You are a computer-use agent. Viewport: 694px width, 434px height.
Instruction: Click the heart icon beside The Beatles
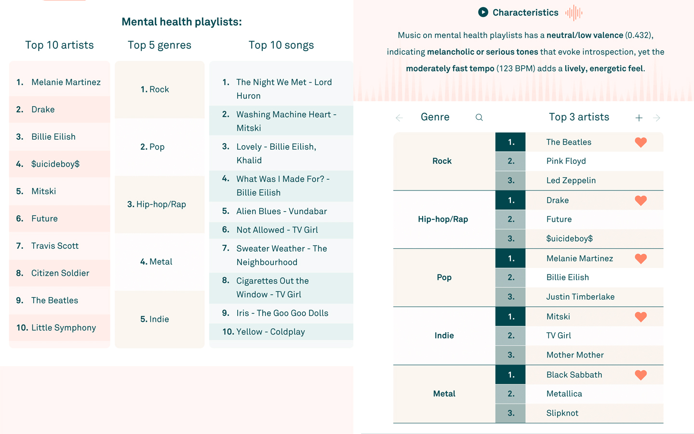641,142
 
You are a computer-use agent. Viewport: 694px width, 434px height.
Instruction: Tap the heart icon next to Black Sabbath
641,375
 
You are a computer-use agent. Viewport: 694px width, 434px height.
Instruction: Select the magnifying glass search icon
479,117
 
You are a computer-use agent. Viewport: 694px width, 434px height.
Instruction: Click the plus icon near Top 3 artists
639,118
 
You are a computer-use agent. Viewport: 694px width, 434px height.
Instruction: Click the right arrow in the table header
656,118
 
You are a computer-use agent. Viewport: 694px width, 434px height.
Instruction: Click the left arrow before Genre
399,118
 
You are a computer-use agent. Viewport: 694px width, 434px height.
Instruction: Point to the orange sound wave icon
574,13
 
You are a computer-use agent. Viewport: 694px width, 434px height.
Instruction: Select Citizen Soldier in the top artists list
60,273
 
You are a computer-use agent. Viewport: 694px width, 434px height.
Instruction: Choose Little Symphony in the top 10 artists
64,327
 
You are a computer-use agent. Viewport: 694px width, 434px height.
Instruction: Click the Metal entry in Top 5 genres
156,262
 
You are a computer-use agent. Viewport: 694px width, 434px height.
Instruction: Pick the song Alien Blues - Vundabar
281,211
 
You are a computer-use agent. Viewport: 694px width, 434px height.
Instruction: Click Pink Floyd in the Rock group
566,161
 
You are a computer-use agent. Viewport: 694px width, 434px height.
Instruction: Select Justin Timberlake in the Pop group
580,297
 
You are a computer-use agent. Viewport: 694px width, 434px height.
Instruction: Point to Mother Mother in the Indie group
575,355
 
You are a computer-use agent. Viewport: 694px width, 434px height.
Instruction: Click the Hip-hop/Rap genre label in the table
443,219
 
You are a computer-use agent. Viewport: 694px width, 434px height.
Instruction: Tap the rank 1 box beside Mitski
510,316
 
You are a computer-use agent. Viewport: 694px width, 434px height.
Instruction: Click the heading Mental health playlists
182,22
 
